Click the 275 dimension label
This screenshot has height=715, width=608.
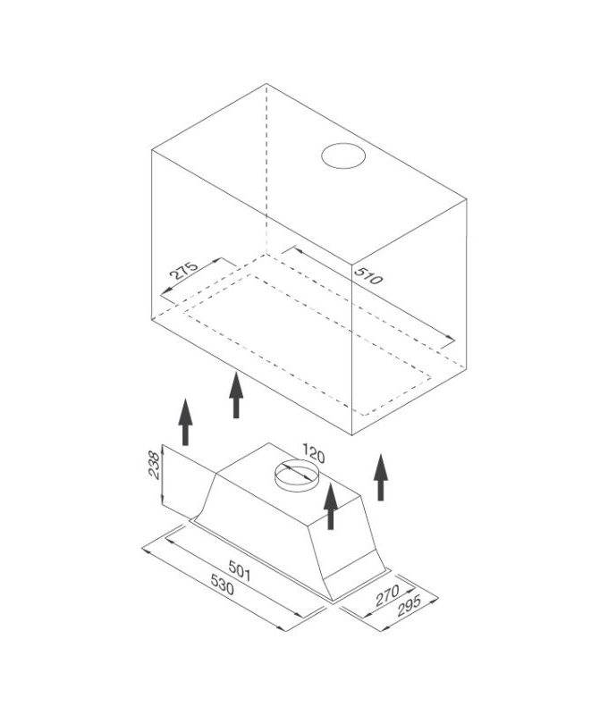pos(184,270)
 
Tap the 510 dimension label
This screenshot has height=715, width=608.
pos(368,276)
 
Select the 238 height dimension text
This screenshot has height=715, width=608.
pos(155,465)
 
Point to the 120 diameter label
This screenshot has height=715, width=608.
pos(313,455)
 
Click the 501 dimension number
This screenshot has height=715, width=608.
pos(240,570)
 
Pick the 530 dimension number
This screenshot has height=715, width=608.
pos(222,585)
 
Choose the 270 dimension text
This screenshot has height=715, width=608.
pos(387,595)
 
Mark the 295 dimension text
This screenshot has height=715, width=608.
pos(409,606)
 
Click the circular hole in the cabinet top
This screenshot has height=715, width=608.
pos(343,156)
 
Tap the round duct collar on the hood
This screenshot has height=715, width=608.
pos(297,476)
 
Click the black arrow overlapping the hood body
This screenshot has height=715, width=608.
pos(331,506)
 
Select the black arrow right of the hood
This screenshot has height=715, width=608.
pos(381,477)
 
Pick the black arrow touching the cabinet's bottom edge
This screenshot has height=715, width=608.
pos(236,395)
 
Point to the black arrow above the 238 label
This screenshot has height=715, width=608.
pos(185,422)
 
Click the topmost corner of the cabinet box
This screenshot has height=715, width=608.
pos(266,84)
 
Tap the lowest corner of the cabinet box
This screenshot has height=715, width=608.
pos(351,435)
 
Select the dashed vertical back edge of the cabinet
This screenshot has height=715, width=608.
pos(266,169)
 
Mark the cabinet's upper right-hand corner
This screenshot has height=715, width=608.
pos(466,198)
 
